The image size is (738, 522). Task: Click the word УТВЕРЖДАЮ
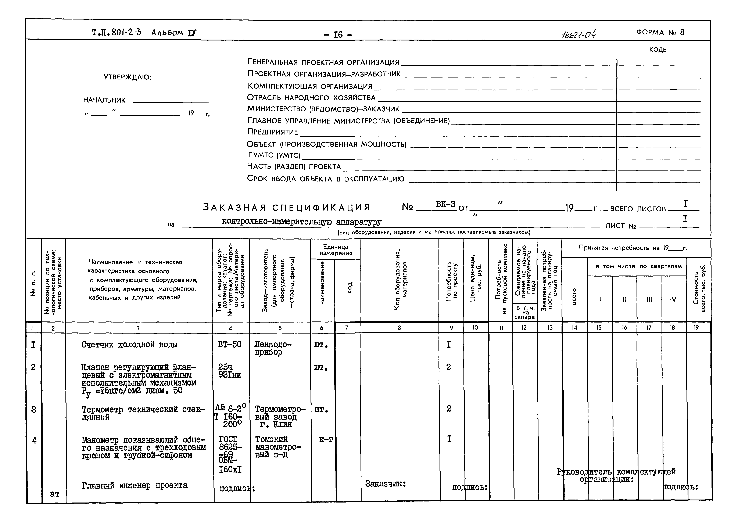pyautogui.click(x=127, y=78)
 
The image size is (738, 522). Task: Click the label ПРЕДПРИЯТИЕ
pyautogui.click(x=273, y=132)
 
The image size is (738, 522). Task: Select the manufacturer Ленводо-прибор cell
pyautogui.click(x=273, y=348)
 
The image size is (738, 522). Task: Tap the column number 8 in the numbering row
pyautogui.click(x=399, y=328)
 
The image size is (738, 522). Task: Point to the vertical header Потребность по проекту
pyautogui.click(x=451, y=281)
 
